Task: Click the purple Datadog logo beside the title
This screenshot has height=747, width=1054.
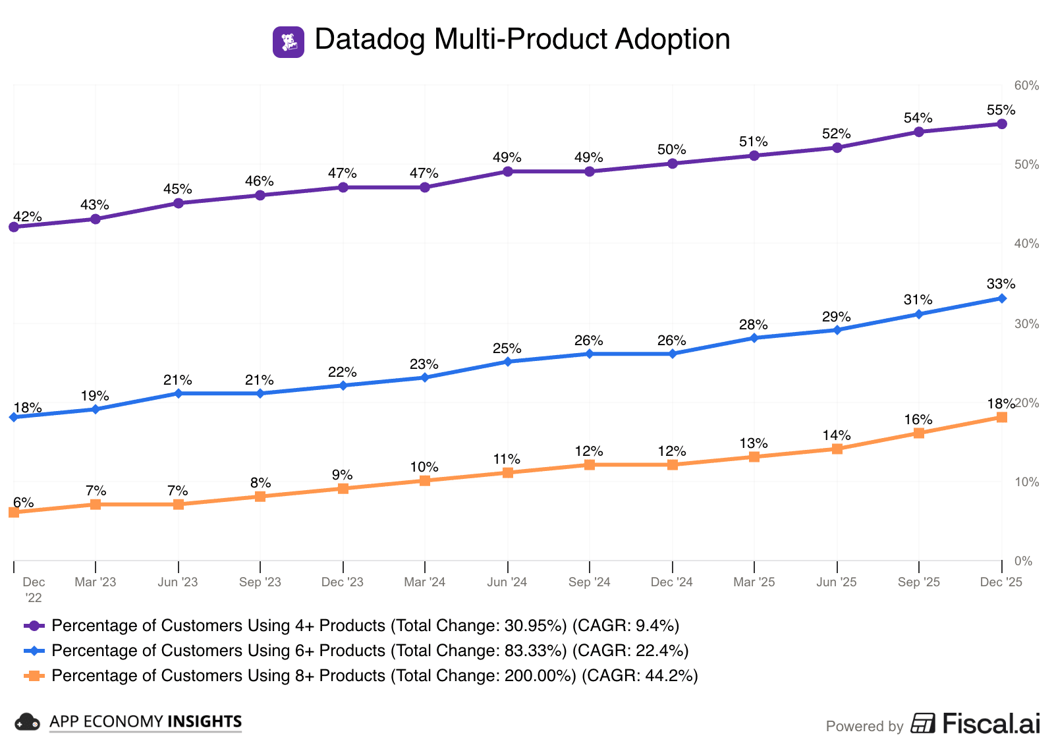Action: click(x=289, y=42)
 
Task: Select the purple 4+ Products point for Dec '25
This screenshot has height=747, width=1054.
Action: click(x=1001, y=124)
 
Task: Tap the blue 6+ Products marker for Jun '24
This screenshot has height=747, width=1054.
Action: click(x=507, y=362)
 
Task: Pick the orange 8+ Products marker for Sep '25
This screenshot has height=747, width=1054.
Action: click(x=919, y=433)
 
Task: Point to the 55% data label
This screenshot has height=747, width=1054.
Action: click(x=1001, y=110)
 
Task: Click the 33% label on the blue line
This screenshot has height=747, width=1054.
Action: click(x=1001, y=284)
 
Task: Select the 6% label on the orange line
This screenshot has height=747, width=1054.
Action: click(x=23, y=503)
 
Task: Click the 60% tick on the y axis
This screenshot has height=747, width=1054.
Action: click(x=1026, y=86)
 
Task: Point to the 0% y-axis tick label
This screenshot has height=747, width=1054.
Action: click(x=1023, y=561)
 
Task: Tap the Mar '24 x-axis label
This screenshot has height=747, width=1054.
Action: click(x=424, y=582)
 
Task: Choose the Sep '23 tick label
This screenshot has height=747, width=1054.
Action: click(x=260, y=582)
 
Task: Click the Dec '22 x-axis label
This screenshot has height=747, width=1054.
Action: click(x=34, y=590)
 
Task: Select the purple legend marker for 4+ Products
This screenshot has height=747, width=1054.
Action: click(x=34, y=626)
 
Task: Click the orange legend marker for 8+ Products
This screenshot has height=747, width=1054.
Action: click(x=34, y=676)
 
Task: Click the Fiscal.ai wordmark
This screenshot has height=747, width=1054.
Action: click(x=991, y=723)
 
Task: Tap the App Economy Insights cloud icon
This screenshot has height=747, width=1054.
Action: click(x=27, y=722)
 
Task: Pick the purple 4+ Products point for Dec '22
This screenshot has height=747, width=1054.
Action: click(x=14, y=227)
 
